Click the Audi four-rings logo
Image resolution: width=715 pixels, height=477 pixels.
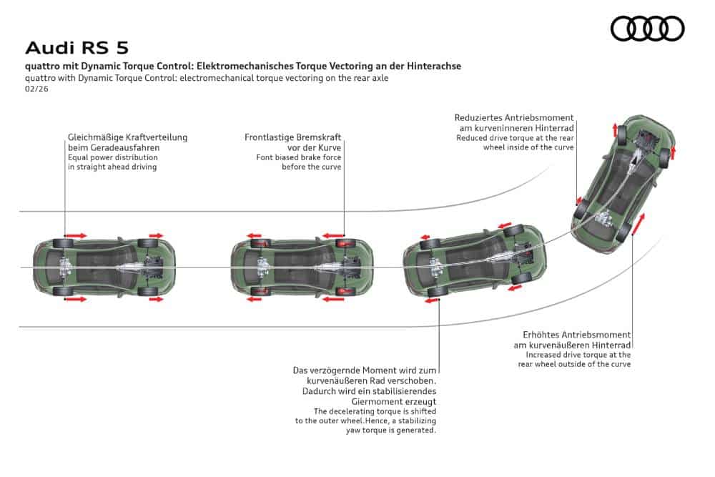click(x=647, y=29)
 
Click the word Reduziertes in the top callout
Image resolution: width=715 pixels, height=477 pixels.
click(x=478, y=117)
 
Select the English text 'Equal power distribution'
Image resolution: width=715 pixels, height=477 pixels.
click(x=112, y=157)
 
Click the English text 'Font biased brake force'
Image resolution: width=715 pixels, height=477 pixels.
click(x=299, y=157)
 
